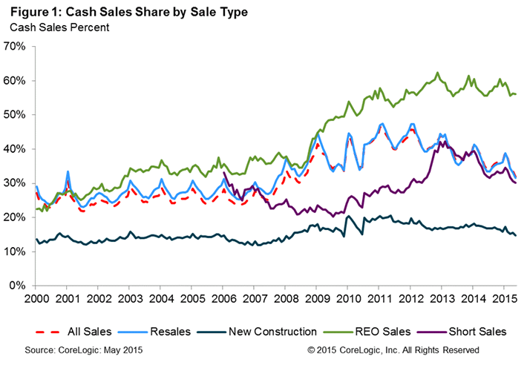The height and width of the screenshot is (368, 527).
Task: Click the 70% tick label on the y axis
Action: click(x=16, y=46)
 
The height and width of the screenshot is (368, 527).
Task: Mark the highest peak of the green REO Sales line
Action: click(x=438, y=73)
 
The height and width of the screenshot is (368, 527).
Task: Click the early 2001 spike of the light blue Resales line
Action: click(x=68, y=171)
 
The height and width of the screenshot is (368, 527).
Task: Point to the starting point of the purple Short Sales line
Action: click(x=223, y=173)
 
